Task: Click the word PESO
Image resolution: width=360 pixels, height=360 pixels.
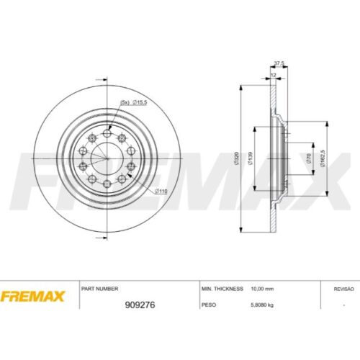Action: click(x=209, y=305)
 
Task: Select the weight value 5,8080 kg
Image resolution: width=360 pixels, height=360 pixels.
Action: click(x=263, y=305)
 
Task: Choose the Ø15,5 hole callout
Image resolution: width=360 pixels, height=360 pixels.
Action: click(x=138, y=102)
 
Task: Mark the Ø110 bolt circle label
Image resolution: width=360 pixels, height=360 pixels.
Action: click(x=161, y=190)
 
